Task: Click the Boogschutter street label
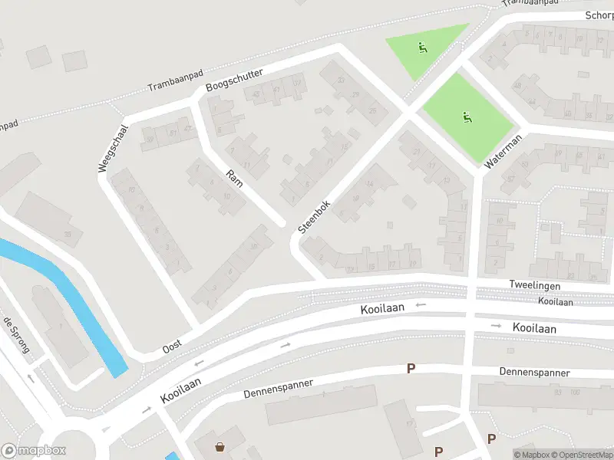point(235,80)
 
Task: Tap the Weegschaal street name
point(113,148)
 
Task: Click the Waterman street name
point(503,152)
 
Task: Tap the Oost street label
point(172,347)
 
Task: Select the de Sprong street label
point(16,336)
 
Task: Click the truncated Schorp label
point(599,15)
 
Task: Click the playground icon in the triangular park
point(422,48)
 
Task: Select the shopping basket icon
point(220,447)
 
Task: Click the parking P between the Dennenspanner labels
point(411,369)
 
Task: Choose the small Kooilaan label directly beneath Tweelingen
point(555,301)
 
